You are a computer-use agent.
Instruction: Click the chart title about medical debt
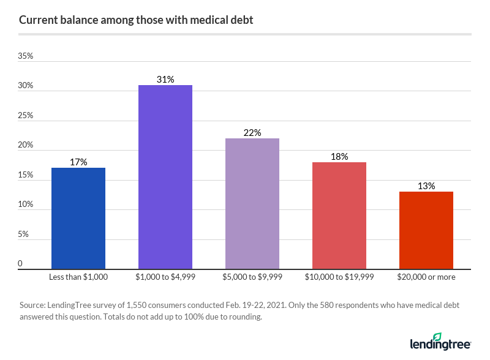(x=136, y=20)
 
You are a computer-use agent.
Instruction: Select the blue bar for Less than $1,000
(x=78, y=218)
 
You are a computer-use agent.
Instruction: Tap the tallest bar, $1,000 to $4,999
(x=165, y=177)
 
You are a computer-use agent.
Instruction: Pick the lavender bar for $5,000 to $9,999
(x=252, y=203)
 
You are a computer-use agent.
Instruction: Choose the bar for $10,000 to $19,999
(x=339, y=215)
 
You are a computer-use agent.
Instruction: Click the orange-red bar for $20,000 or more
(x=426, y=230)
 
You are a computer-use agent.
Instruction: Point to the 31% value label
(x=165, y=79)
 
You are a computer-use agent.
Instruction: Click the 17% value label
(x=78, y=162)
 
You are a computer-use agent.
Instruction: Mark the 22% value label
(x=252, y=132)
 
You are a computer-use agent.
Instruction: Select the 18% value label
(x=339, y=156)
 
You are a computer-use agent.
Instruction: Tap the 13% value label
(x=426, y=186)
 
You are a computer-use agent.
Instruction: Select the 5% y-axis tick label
(x=23, y=234)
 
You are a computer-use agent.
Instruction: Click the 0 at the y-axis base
(x=20, y=264)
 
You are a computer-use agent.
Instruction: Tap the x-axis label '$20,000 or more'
(x=426, y=277)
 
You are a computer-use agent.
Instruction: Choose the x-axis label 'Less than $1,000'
(x=78, y=277)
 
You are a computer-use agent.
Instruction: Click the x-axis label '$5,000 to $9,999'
(x=252, y=277)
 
